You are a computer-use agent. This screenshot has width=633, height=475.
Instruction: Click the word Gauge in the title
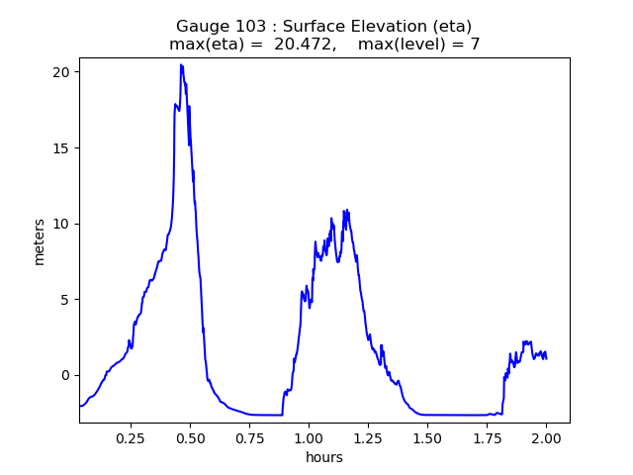[202, 27]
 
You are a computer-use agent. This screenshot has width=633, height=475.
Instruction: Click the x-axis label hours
[324, 457]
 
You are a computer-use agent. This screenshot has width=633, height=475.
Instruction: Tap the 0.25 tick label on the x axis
[131, 437]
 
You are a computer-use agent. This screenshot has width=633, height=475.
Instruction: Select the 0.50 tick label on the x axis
[190, 437]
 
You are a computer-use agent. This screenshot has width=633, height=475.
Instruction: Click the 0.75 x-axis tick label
[249, 437]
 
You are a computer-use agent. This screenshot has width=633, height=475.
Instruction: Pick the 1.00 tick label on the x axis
[309, 437]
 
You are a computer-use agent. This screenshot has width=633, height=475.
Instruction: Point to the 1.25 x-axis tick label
[368, 437]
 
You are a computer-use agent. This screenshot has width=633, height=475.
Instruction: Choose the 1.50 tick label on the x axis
[427, 437]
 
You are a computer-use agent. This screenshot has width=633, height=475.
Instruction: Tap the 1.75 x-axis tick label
[487, 437]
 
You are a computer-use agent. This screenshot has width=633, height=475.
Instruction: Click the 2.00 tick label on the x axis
[546, 437]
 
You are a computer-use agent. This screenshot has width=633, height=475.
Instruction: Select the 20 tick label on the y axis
[61, 72]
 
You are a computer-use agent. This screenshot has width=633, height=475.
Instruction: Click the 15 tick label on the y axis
[61, 148]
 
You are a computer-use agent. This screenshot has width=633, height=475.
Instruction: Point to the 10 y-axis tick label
[61, 224]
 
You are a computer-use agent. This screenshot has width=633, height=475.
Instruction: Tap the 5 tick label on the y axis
[65, 300]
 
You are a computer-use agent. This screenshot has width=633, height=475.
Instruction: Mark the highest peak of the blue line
[181, 65]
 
